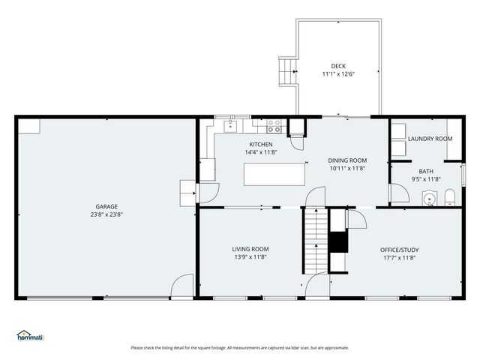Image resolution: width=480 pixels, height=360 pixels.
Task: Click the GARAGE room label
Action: coord(106,207)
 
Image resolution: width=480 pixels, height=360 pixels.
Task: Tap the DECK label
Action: coord(338,66)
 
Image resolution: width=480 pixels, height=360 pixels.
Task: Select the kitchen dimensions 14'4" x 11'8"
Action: coord(261,152)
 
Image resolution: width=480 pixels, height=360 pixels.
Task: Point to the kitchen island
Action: coord(274,174)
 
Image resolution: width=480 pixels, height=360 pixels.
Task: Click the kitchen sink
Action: coord(230,126)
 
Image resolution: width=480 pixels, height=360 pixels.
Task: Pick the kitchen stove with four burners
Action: coord(274,126)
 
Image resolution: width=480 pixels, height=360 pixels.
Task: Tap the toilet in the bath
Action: coord(450,197)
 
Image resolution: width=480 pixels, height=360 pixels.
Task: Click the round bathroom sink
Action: coord(430,199)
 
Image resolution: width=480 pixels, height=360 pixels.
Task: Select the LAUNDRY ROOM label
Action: coord(430,139)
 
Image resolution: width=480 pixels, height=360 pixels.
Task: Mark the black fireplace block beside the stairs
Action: coord(338,242)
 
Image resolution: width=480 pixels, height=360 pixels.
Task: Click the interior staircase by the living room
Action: coord(316,241)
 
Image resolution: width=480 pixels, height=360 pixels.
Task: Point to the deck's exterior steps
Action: coord(288,72)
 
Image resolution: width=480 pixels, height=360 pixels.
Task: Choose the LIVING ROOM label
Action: coord(250,249)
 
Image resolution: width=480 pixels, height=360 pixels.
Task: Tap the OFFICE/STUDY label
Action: coord(400,250)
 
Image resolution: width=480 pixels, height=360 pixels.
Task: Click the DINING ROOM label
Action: coord(347,160)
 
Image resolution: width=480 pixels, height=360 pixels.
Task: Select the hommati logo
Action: coord(30,335)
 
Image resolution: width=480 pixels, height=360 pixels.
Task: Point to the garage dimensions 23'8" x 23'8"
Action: coord(106,214)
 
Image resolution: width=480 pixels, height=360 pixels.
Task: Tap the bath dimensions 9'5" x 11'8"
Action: coord(426,179)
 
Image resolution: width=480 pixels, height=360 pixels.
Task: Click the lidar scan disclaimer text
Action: coord(240,348)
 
